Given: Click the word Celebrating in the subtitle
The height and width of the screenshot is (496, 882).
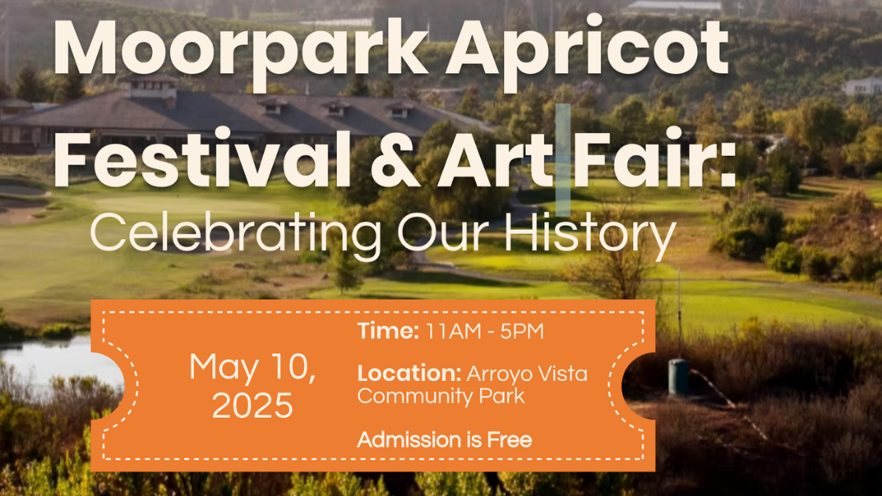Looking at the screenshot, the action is click(x=235, y=235).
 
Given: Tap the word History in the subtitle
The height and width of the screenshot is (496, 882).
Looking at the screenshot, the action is click(x=590, y=235).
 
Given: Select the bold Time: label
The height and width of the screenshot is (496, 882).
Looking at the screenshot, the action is click(x=388, y=331).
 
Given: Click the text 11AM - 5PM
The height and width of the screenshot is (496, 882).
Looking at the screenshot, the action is click(x=485, y=331).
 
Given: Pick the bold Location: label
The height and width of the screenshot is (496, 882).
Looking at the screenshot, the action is click(x=409, y=373).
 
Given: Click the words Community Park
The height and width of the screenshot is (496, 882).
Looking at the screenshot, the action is click(x=441, y=397).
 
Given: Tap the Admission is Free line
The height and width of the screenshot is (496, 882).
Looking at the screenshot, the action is click(x=444, y=440).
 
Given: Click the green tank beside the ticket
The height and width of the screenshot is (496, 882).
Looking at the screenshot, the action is click(x=678, y=377).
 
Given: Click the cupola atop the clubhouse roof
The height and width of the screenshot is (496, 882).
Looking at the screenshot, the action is click(x=150, y=86).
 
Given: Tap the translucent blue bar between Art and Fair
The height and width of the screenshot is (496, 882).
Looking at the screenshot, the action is click(x=563, y=160).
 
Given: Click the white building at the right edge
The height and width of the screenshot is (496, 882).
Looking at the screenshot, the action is click(x=862, y=86).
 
